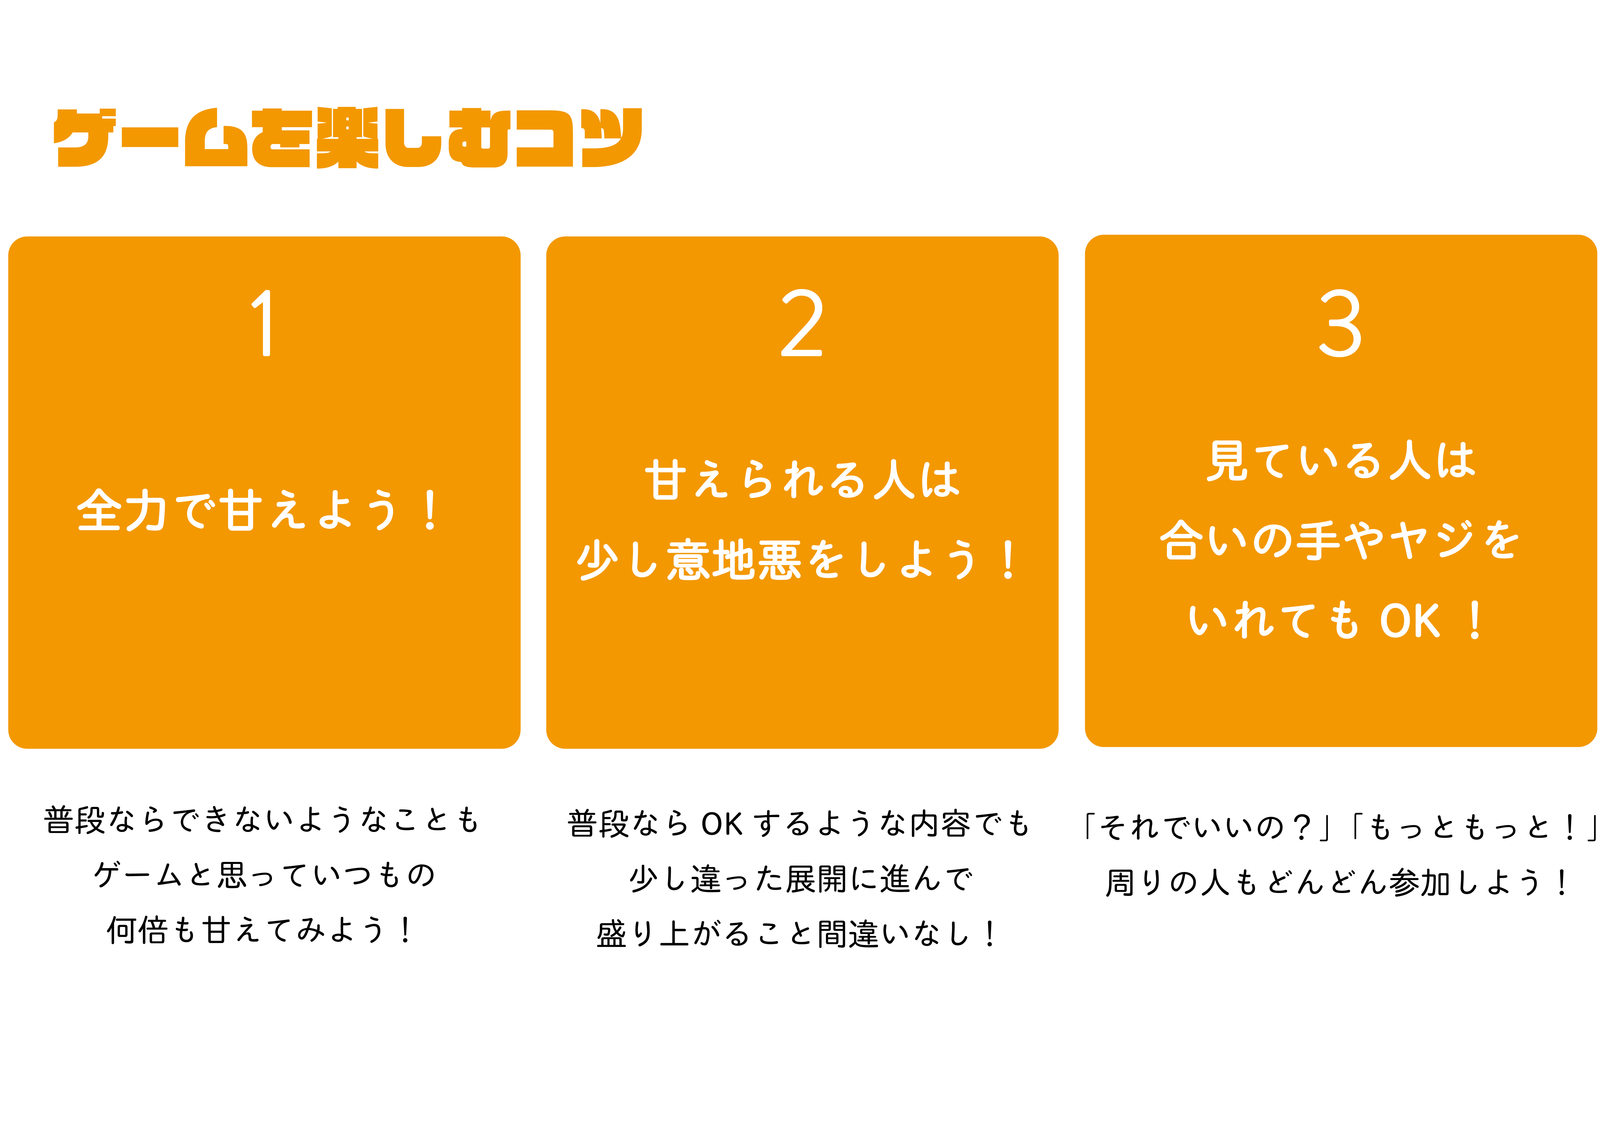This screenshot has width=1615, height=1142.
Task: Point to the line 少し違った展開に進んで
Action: pyautogui.click(x=801, y=879)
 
